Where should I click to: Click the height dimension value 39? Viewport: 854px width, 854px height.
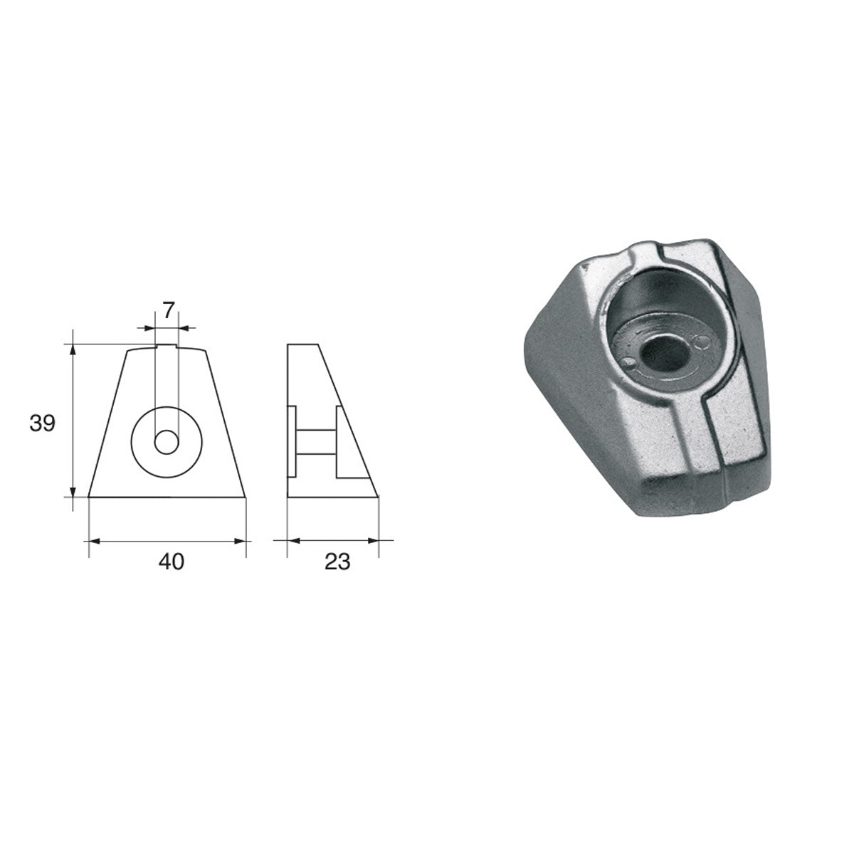(42, 424)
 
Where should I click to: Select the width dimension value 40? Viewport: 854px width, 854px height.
(171, 562)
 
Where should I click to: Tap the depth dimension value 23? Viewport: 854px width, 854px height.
(337, 562)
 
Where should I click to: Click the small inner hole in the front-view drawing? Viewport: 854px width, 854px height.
(167, 442)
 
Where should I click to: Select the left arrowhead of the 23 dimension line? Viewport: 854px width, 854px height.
(290, 542)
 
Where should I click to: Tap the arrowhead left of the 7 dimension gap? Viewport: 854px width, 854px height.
(149, 328)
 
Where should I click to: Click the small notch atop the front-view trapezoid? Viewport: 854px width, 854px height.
(167, 347)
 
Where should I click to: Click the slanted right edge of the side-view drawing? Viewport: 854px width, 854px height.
(347, 420)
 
